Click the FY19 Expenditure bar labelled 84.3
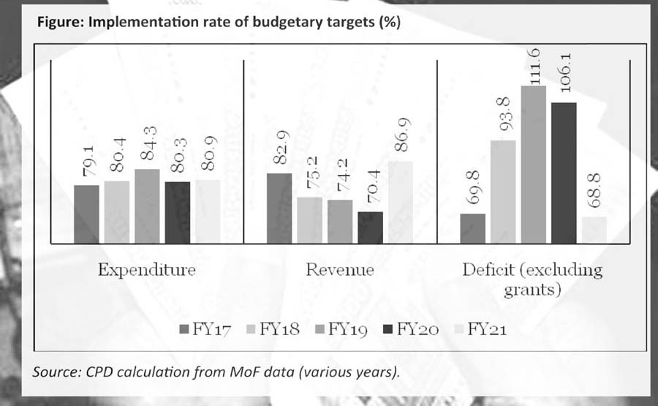click(147, 206)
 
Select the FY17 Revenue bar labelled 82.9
click(279, 208)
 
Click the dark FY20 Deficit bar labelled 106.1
click(564, 173)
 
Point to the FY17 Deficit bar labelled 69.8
click(473, 228)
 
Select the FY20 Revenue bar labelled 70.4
click(370, 228)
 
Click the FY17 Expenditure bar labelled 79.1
click(86, 214)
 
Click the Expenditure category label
click(147, 270)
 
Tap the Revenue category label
click(339, 270)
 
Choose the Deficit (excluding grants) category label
click(532, 279)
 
